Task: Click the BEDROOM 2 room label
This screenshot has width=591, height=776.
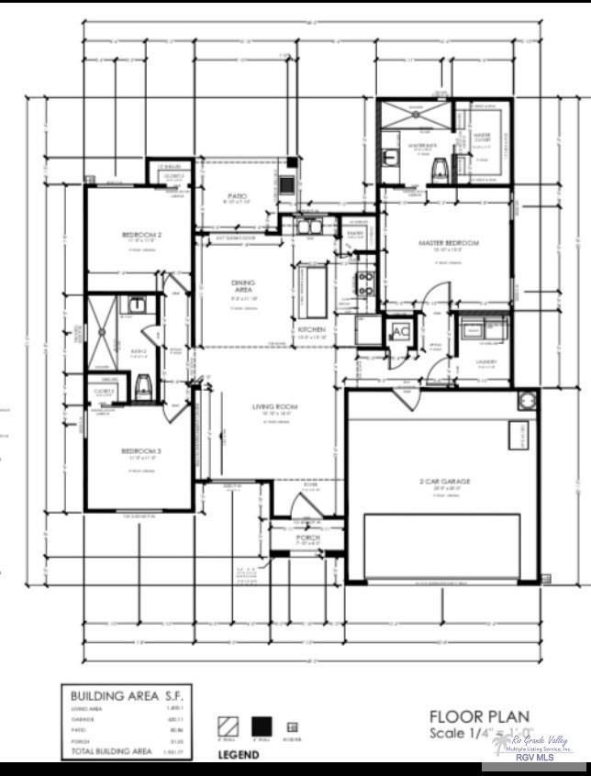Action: tap(142, 235)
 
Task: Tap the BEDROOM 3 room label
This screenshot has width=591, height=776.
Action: tap(140, 450)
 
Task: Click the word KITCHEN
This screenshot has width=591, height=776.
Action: tap(312, 329)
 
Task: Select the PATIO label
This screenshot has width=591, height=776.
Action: tap(239, 195)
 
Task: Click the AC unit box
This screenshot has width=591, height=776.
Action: tap(400, 331)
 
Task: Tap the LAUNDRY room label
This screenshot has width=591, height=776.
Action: tap(486, 361)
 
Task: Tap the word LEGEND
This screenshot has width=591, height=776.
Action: tap(238, 755)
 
